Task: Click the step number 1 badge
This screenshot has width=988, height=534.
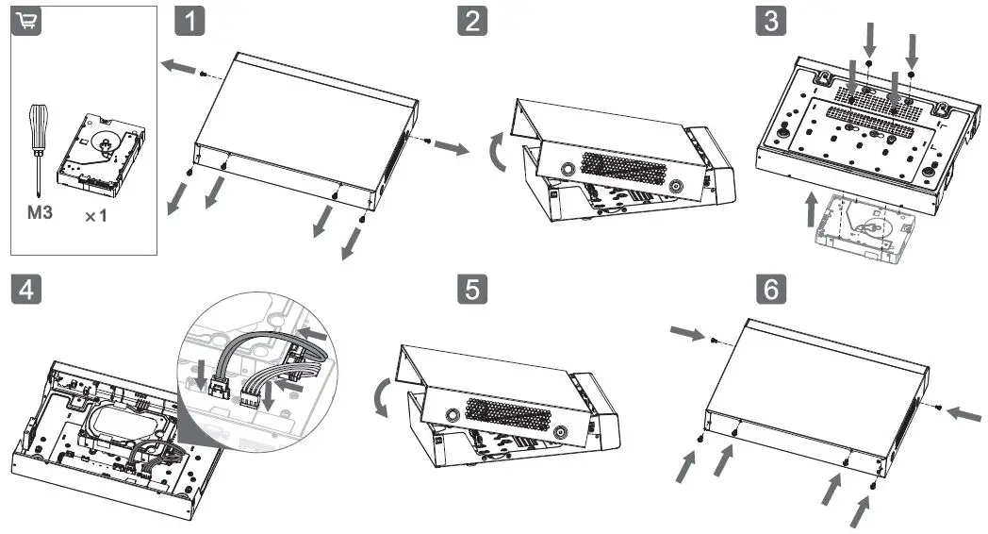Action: (191, 21)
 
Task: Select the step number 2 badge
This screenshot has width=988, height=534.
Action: (472, 21)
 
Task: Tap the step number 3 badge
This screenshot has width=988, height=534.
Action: (770, 21)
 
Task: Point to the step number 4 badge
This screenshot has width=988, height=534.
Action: (25, 289)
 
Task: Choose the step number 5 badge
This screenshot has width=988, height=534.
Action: (472, 289)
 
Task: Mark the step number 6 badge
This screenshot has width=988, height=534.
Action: (770, 289)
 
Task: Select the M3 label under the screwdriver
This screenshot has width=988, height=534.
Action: (39, 214)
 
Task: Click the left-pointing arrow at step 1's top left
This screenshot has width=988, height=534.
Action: (178, 67)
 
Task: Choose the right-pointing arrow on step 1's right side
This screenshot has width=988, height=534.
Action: (451, 149)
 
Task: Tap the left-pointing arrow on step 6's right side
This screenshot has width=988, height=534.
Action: (962, 412)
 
